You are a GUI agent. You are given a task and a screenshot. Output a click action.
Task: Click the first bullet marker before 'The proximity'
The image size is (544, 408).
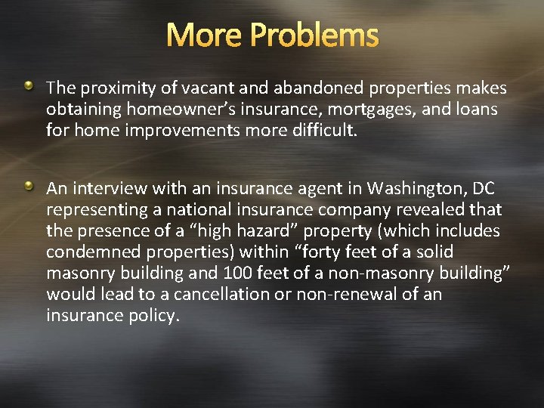[28, 88]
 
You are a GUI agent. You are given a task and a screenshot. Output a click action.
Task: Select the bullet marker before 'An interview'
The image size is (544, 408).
[28, 185]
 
